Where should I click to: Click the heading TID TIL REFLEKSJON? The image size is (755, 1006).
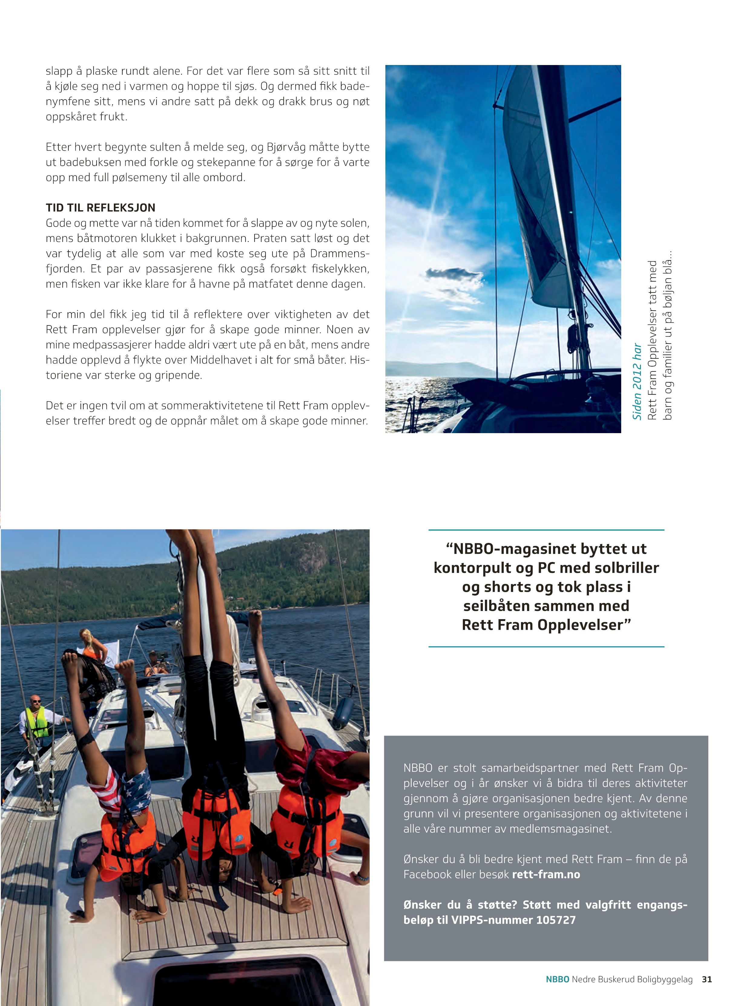[100, 208]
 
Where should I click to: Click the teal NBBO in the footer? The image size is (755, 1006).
[558, 979]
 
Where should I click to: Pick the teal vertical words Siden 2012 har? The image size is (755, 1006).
[637, 382]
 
